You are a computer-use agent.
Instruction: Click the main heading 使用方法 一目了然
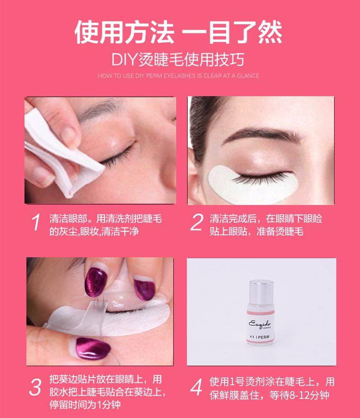[178, 32]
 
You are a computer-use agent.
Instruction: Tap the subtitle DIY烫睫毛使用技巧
[178, 60]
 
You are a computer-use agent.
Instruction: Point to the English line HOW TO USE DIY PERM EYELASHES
[178, 76]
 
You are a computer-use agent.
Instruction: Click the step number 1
[36, 222]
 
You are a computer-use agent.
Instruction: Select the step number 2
[197, 222]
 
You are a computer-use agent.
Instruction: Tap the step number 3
[36, 387]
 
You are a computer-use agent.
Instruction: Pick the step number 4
[196, 387]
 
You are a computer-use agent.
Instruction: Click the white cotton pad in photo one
[61, 155]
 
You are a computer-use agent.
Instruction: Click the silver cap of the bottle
[261, 291]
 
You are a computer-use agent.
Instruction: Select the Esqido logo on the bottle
[260, 324]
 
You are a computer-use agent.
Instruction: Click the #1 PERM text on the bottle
[260, 337]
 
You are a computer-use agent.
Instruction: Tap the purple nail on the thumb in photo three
[93, 348]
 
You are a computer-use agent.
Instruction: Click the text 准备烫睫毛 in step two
[280, 231]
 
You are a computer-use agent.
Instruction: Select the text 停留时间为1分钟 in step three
[85, 404]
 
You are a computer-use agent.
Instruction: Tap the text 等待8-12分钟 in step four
[299, 395]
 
